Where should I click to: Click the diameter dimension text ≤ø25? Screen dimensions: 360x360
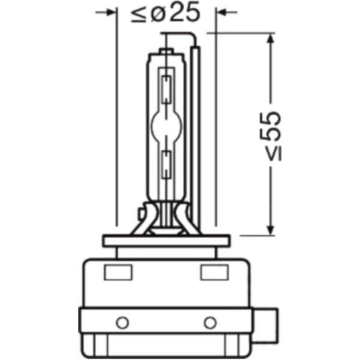164,13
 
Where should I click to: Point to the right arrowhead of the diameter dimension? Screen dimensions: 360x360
221,11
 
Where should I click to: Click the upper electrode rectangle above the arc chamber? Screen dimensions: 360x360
166,85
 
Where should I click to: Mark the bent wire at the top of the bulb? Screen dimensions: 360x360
180,37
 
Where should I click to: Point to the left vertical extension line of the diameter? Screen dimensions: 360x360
115,120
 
